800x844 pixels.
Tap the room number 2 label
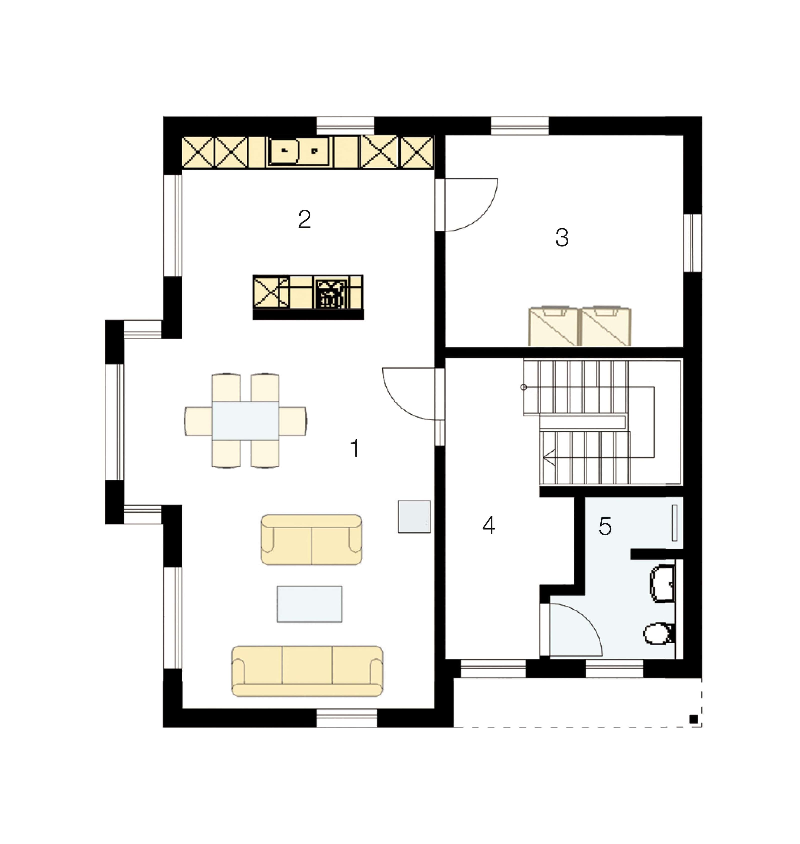point(304,219)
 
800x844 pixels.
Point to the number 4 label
point(489,525)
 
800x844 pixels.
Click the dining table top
point(246,421)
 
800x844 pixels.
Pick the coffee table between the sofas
point(309,604)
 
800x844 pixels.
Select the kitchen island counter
point(308,297)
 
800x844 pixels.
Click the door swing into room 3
point(471,205)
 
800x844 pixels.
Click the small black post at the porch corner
point(694,719)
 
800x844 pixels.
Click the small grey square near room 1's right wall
point(414,516)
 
